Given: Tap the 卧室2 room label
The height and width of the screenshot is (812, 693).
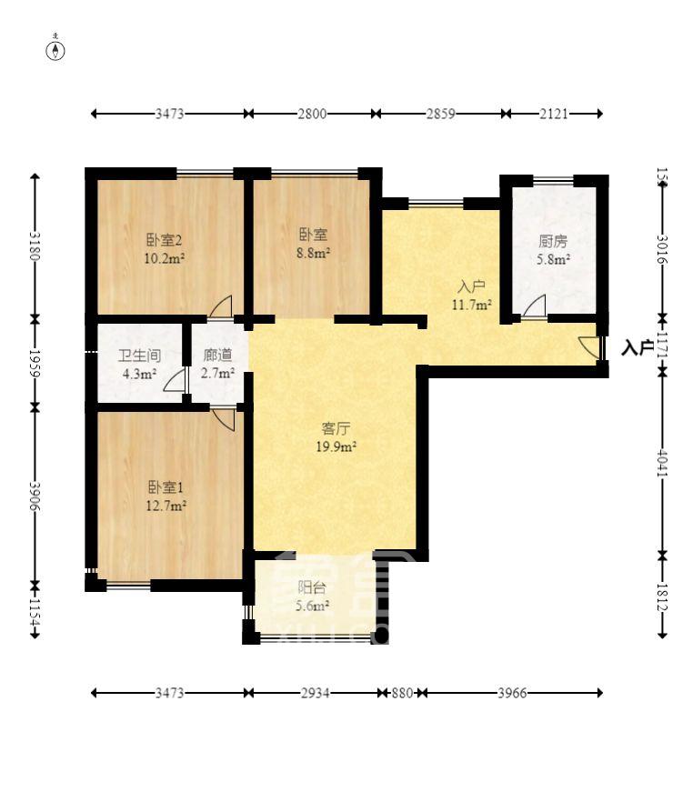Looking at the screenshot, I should [165, 241].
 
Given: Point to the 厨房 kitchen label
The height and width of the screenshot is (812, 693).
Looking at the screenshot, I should [553, 242].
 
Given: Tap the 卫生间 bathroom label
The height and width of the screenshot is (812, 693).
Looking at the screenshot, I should [138, 356].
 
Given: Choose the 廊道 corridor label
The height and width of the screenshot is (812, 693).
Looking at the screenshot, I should [218, 356].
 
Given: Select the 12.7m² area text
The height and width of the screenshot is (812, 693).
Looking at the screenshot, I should [166, 506].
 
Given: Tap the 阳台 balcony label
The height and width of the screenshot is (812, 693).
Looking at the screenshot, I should [313, 588].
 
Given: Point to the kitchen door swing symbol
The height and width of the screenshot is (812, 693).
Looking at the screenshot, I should [534, 306].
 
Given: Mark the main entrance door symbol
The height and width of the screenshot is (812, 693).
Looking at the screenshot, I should [590, 347].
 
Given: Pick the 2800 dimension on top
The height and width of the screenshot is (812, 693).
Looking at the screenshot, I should [311, 114].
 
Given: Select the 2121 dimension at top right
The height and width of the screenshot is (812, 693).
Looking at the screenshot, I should [553, 114].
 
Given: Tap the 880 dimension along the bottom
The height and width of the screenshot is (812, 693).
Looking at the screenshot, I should [402, 693].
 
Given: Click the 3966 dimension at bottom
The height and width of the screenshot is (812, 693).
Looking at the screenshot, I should [512, 693].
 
